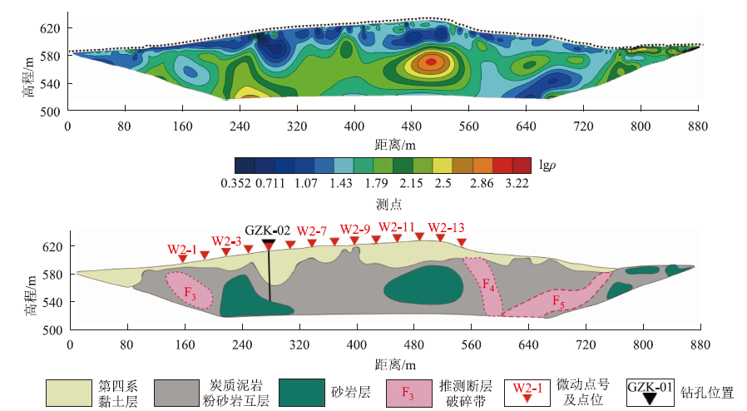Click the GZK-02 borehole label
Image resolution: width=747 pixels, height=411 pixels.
[x=267, y=230]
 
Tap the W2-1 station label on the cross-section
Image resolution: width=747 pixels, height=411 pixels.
[x=182, y=249]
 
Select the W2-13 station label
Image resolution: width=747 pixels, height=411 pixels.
[x=446, y=228]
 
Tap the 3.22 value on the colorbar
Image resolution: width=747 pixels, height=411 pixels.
[x=517, y=184]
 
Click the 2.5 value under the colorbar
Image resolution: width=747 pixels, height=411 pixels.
[x=443, y=184]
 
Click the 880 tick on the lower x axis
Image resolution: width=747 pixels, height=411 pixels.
[x=699, y=344]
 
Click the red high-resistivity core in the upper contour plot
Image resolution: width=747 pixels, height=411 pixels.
[x=430, y=62]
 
